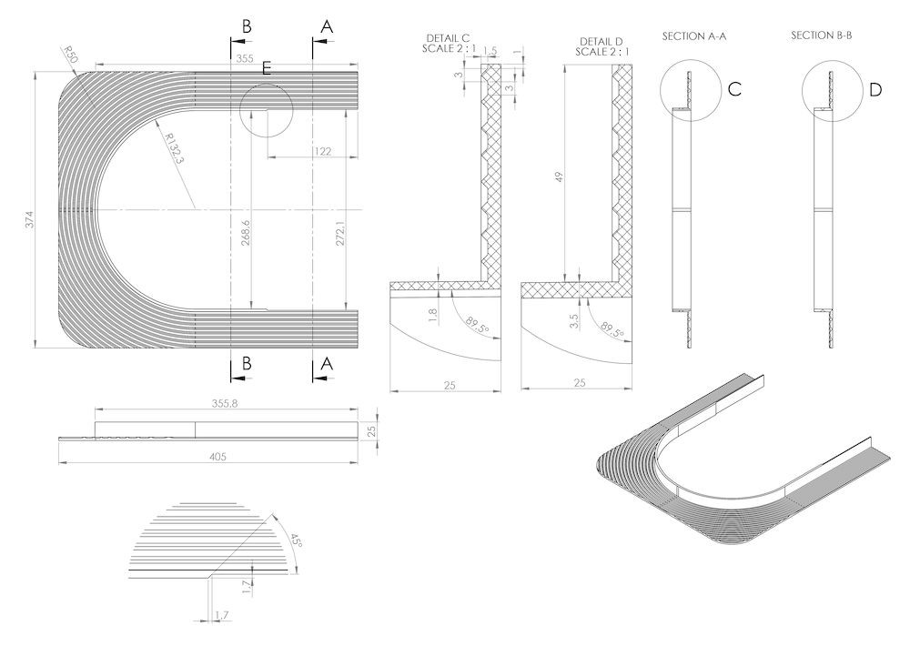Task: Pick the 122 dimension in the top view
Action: pyautogui.click(x=321, y=150)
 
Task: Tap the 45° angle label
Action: pyautogui.click(x=294, y=542)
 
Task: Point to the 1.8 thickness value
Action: pyautogui.click(x=432, y=312)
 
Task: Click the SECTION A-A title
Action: pyautogui.click(x=700, y=35)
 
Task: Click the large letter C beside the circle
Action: pyautogui.click(x=735, y=89)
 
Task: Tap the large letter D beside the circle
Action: pyautogui.click(x=875, y=89)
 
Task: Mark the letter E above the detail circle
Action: pyautogui.click(x=266, y=68)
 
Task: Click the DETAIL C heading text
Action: pyautogui.click(x=447, y=38)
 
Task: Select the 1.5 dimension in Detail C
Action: pyautogui.click(x=490, y=51)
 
